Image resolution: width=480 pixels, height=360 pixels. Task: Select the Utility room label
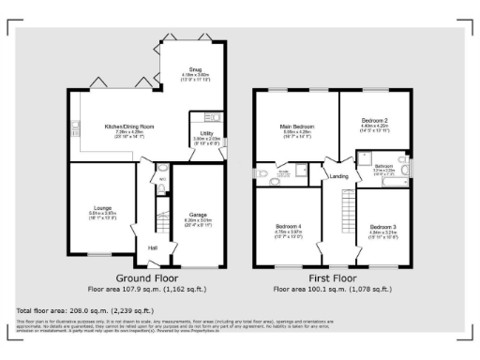[206, 132]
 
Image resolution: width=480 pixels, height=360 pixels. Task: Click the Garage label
[198, 215]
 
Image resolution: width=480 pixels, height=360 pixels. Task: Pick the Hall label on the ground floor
[152, 247]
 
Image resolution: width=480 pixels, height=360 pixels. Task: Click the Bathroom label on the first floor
[383, 166]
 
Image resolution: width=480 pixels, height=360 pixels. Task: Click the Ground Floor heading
[147, 278]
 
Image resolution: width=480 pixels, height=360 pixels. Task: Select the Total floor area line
[81, 308]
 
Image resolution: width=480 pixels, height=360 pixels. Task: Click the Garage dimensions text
[198, 222]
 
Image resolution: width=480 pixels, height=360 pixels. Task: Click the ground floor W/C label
[161, 178]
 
